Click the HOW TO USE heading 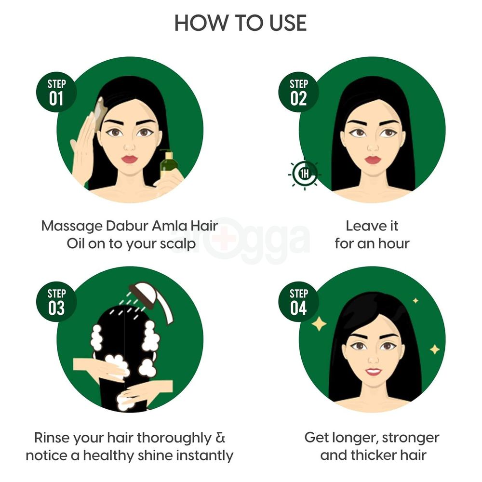(241, 23)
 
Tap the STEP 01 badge (56, 92)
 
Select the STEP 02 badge (298, 92)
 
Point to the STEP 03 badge (56, 302)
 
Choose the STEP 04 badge (298, 302)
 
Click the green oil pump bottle (167, 167)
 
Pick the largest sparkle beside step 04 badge (319, 323)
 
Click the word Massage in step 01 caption (72, 226)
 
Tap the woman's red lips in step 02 (372, 160)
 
